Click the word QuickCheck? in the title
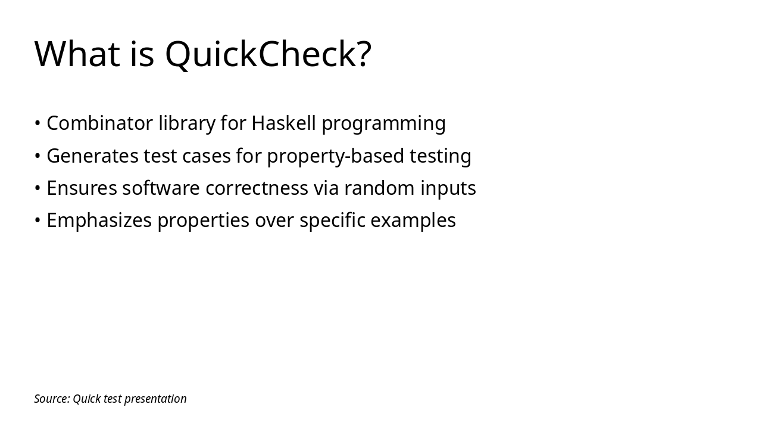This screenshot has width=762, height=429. coord(268,54)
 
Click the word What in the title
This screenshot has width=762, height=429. coord(77,54)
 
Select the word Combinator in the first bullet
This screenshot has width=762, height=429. coord(99,123)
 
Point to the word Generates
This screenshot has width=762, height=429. coord(92,156)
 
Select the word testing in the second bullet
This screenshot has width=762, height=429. coord(441,156)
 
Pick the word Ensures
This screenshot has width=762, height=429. coord(82,188)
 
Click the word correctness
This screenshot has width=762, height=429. coord(257,188)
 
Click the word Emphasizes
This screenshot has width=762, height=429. coord(99,220)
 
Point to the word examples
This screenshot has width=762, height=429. coord(413,220)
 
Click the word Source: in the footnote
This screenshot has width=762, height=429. coord(52,399)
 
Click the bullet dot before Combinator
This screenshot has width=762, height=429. coord(38,124)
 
